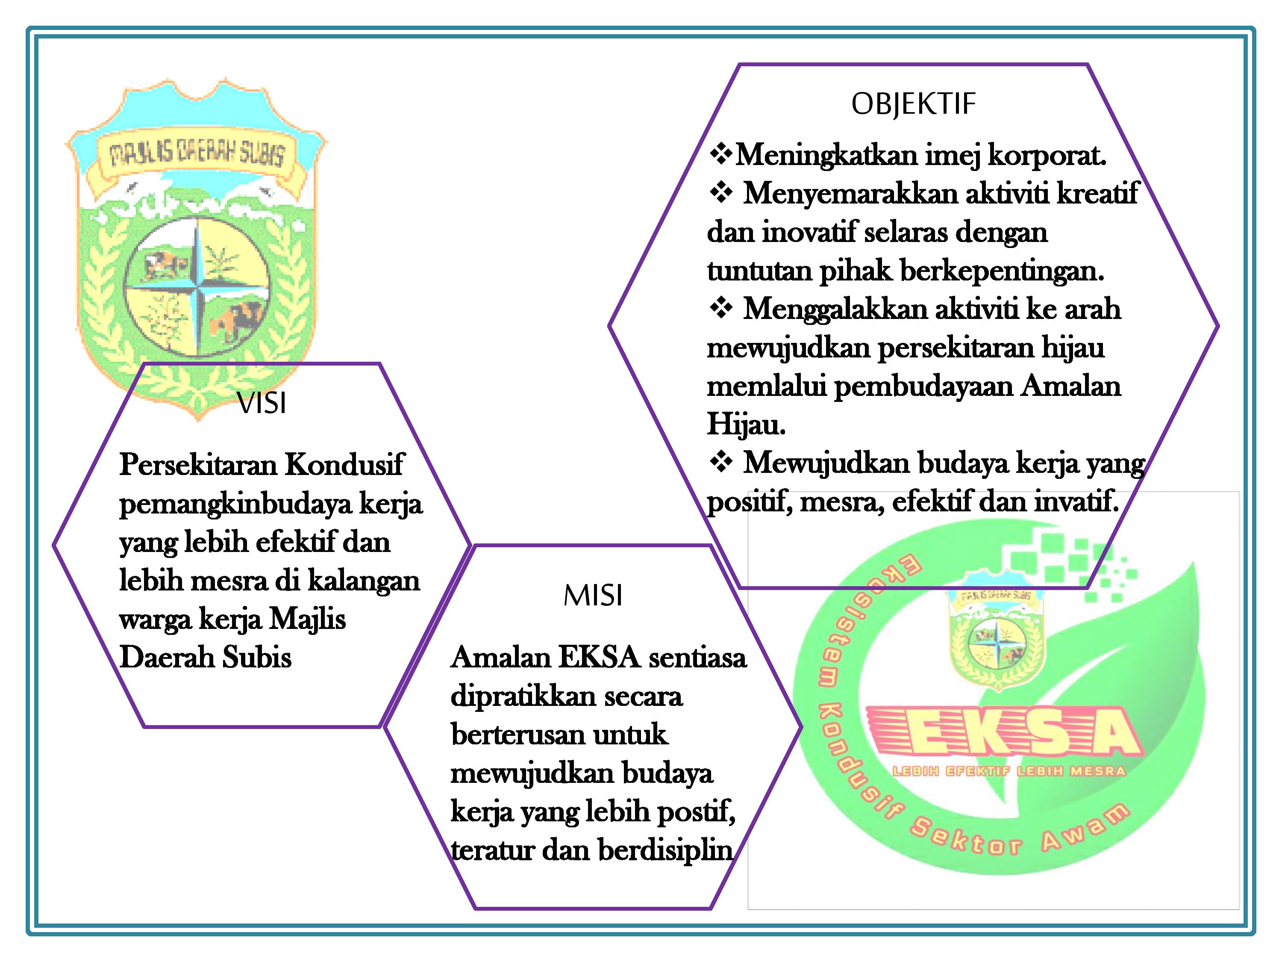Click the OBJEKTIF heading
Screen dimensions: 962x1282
[913, 104]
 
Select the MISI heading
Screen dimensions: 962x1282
[593, 596]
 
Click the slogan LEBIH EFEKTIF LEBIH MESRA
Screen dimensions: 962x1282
[1009, 772]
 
